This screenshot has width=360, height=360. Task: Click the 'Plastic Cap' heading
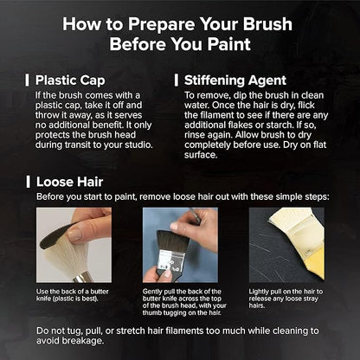coord(70,80)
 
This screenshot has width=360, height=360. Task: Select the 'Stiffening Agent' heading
coord(235,80)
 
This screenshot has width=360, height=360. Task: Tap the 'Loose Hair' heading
coord(69,182)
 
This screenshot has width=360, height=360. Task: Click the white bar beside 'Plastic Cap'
coord(27,80)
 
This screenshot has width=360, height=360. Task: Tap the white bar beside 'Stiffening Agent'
coord(177,80)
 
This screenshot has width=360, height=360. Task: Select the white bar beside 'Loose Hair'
coord(28,182)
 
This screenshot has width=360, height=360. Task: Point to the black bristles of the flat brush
coord(172,241)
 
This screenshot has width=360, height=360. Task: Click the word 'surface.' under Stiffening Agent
coord(201,155)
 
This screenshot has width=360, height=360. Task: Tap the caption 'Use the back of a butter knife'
coord(73,295)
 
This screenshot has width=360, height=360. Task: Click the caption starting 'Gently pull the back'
coord(184,302)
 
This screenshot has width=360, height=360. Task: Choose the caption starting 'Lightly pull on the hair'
coord(286,299)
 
